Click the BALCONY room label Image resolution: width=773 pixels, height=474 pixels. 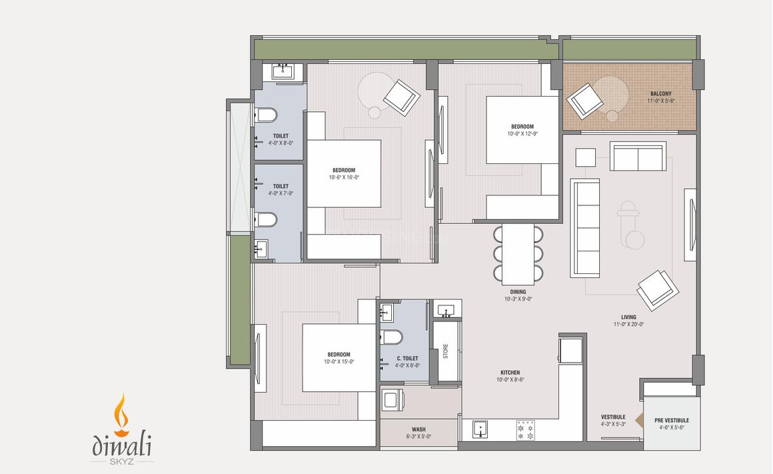coord(660,94)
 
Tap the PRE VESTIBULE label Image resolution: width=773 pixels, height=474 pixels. coord(672,420)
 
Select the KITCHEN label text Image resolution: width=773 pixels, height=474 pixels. coord(510,373)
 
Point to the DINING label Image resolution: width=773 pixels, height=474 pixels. coord(518,292)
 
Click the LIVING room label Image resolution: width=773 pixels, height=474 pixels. coord(628,317)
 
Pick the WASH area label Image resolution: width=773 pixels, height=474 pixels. coord(418,429)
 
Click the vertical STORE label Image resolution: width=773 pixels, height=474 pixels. coord(446,351)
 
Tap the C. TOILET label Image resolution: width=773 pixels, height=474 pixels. coord(407,359)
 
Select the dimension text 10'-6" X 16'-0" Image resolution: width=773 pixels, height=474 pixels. coord(344,177)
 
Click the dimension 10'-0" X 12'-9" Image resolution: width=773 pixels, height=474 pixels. coord(522,134)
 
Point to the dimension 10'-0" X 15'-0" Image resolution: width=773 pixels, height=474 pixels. coord(339,361)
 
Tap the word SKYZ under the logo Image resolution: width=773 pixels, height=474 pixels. coord(121,462)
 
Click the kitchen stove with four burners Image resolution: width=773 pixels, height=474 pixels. coord(526,430)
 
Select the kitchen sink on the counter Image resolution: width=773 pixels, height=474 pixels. coord(480,429)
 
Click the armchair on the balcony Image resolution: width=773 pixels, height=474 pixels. coord(584,101)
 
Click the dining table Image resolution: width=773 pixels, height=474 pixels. coord(518,254)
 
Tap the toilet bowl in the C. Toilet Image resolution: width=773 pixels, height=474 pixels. coord(391,337)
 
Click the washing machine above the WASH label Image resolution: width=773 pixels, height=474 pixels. coord(392,399)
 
